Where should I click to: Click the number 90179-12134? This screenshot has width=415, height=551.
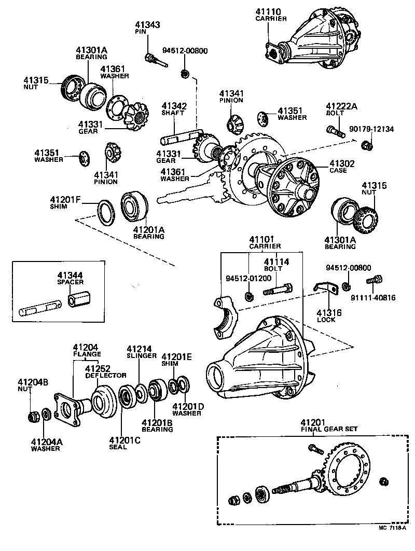371,129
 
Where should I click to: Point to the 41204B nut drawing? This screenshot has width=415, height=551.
34,416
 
